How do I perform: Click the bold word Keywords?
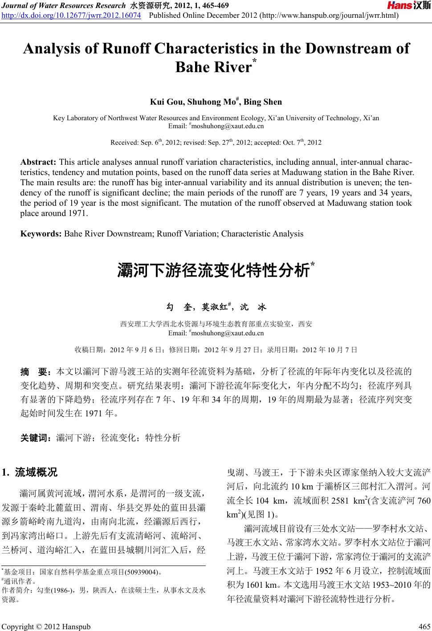(41, 234)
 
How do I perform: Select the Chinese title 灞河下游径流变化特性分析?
(213, 270)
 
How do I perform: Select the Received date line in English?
(216, 142)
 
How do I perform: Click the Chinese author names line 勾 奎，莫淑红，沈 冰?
(216, 307)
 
